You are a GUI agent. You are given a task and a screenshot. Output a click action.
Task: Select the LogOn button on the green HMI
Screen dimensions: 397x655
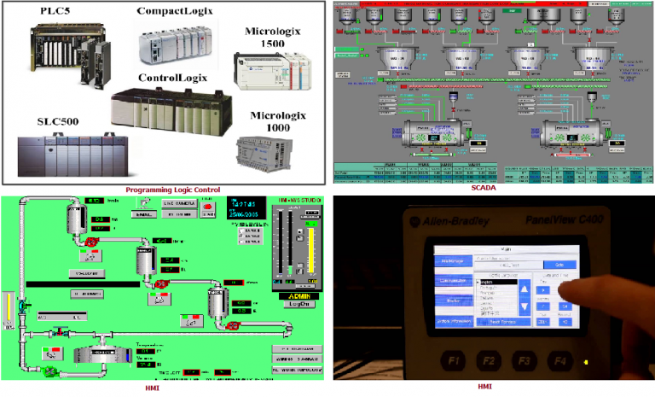[x=299, y=302]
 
